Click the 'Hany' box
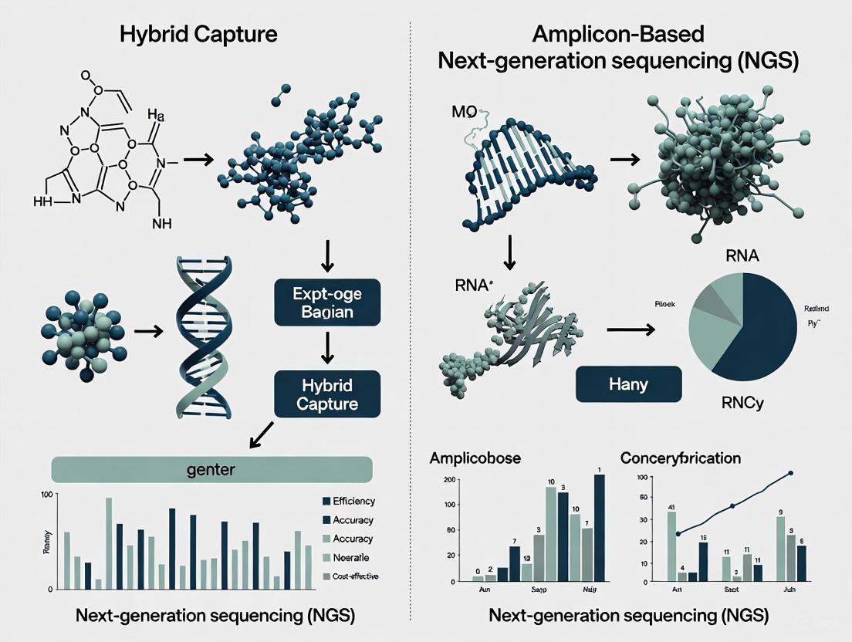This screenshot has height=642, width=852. (628, 383)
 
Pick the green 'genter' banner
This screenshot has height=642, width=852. (211, 468)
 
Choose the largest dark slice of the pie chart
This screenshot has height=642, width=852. (756, 324)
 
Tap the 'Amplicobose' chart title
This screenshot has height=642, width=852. (474, 458)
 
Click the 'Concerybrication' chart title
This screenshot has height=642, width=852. (680, 458)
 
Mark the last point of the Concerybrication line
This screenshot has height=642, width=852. (789, 473)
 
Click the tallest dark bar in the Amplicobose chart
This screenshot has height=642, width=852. (600, 527)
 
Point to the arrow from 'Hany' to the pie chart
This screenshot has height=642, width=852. (630, 329)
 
